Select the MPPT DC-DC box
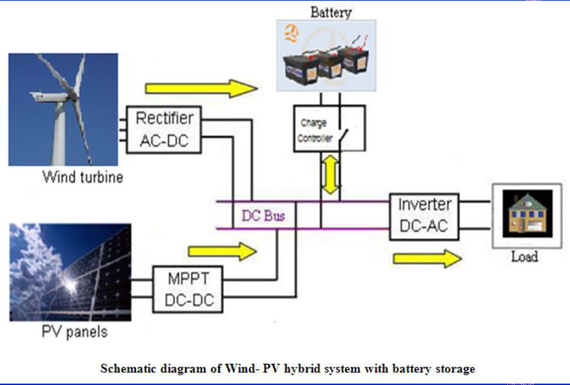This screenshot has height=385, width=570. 188,288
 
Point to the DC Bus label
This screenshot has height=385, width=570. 263,216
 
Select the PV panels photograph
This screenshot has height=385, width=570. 70,272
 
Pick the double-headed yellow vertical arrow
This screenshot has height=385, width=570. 329,174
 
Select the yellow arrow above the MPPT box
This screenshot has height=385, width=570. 224,250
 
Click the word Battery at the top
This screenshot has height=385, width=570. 330,12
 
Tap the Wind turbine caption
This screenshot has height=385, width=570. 82,176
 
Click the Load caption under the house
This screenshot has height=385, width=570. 524,256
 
